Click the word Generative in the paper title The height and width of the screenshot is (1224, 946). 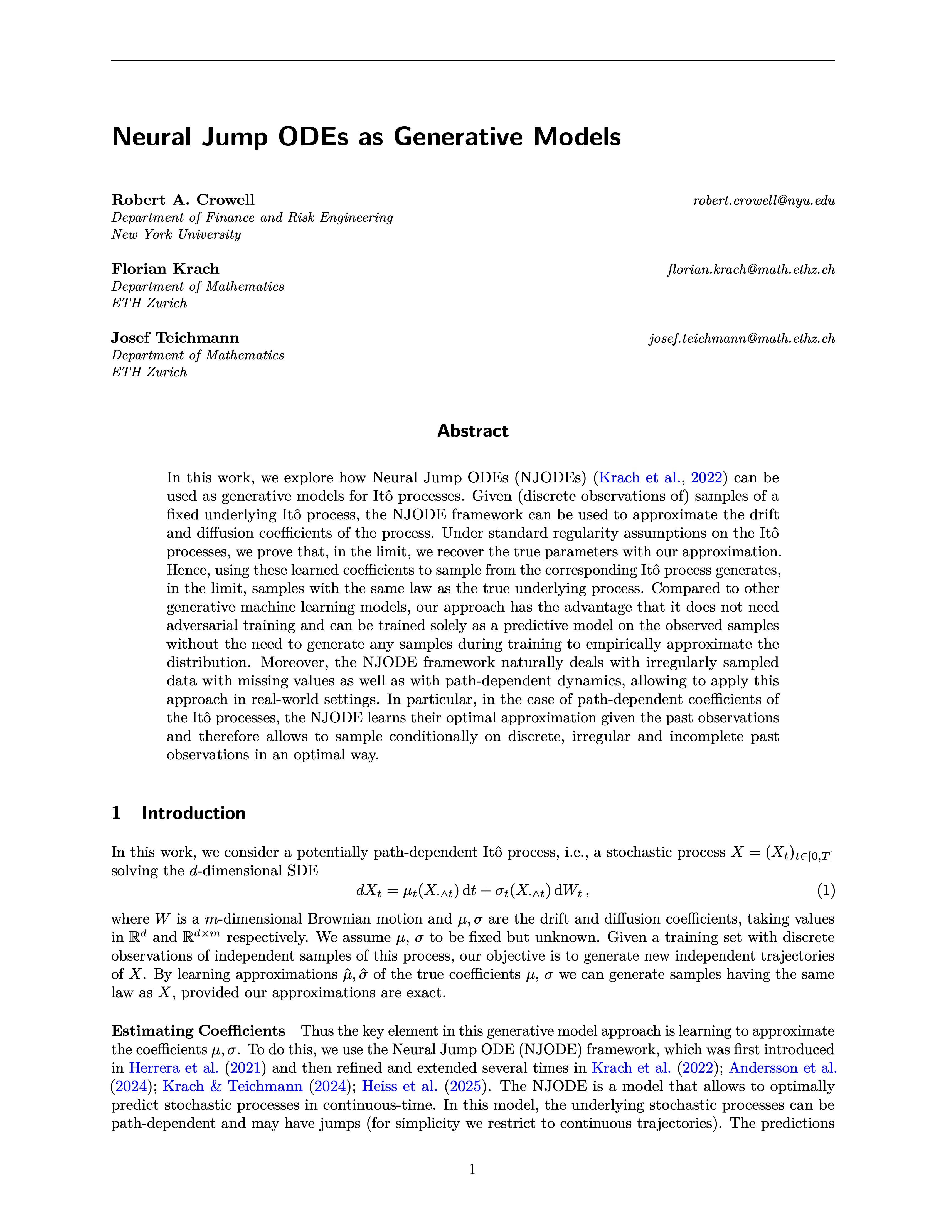point(459,137)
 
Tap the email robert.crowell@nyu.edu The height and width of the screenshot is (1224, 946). point(764,201)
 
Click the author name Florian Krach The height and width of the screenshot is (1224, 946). point(165,269)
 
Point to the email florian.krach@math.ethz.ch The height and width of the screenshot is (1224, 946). point(751,270)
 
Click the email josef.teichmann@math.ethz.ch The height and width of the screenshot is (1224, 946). point(741,339)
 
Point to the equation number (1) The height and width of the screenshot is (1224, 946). point(826,890)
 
